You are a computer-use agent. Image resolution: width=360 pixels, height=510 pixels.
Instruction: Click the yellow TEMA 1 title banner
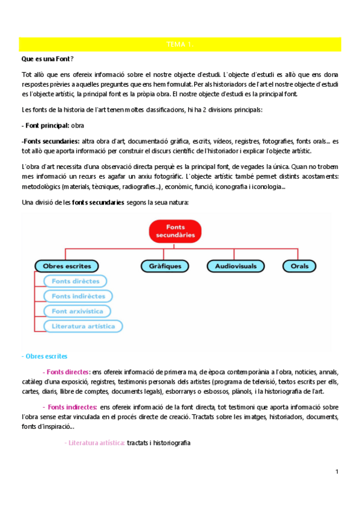coord(180,45)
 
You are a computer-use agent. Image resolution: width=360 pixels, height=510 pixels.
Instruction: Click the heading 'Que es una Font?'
coord(47,59)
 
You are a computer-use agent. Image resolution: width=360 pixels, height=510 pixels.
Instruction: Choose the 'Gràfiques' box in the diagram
coord(164,265)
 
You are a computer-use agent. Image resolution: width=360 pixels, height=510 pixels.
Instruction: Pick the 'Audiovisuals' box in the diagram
coord(236,265)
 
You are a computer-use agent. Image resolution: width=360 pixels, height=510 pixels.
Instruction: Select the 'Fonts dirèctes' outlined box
coord(75,281)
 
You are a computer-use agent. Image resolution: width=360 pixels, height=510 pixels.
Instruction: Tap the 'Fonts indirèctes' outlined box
coord(78,296)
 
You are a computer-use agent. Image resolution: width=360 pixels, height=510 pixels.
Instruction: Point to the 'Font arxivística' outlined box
coord(78,311)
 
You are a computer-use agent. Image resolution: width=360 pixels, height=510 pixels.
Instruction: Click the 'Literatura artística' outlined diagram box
coord(83,326)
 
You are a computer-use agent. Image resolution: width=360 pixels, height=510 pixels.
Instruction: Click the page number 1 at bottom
coord(337,472)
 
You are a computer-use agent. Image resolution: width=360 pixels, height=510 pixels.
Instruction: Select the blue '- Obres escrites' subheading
coord(44,356)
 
